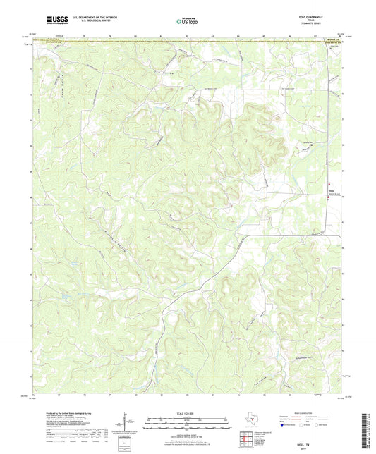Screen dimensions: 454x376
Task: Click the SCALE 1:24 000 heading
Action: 187,412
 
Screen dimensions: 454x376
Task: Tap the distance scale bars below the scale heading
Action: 187,423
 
